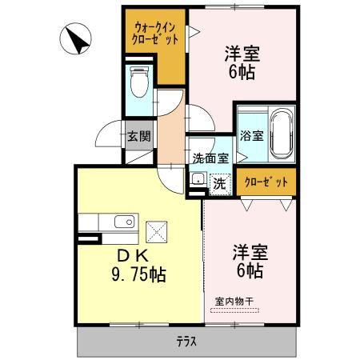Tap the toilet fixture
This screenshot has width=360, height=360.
pos(140,81)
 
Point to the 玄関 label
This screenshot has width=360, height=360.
pos(137,136)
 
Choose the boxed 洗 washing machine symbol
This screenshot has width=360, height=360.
pos(219,182)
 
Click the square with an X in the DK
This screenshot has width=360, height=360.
pos(157,233)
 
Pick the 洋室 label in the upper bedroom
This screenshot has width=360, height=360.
pos(241,56)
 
